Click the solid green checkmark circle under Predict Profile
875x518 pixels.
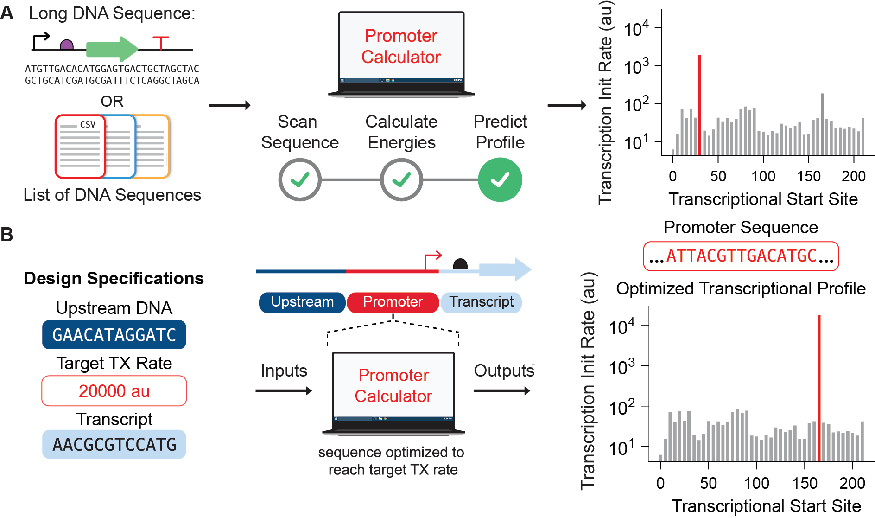(x=500, y=179)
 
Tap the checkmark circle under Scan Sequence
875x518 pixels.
(x=300, y=179)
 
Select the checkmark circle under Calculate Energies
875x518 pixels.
(x=401, y=179)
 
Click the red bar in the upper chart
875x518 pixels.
(x=699, y=104)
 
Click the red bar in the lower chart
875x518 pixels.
(x=819, y=387)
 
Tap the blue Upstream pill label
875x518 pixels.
(x=302, y=302)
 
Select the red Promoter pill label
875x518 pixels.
(x=393, y=302)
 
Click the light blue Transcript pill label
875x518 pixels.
(x=481, y=302)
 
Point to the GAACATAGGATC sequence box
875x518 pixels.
(x=114, y=335)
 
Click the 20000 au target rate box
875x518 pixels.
(x=114, y=391)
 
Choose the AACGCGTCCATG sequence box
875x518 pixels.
(x=114, y=444)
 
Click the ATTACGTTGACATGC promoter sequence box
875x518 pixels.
(x=741, y=256)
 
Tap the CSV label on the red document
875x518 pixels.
(x=88, y=124)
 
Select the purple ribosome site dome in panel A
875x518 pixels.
(x=67, y=45)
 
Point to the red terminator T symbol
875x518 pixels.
(x=161, y=42)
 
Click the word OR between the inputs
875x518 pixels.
(x=112, y=101)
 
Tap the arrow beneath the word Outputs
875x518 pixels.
(x=502, y=391)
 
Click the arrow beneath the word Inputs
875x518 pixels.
(x=284, y=391)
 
